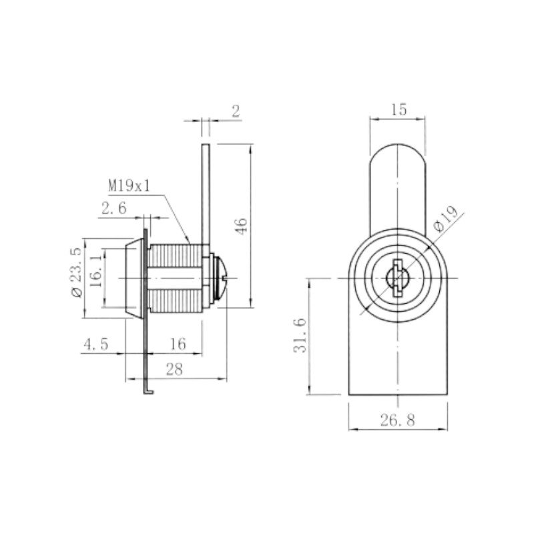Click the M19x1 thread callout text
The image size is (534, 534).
coord(129,186)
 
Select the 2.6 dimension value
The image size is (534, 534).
coord(113,208)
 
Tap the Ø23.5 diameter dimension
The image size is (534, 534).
coord(76,272)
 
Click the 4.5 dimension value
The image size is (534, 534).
coord(96,344)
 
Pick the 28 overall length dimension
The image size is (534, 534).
coord(174,369)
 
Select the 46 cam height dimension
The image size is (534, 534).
coord(242,226)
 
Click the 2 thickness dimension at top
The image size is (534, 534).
coord(236,111)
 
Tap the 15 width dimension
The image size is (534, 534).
coord(398,109)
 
